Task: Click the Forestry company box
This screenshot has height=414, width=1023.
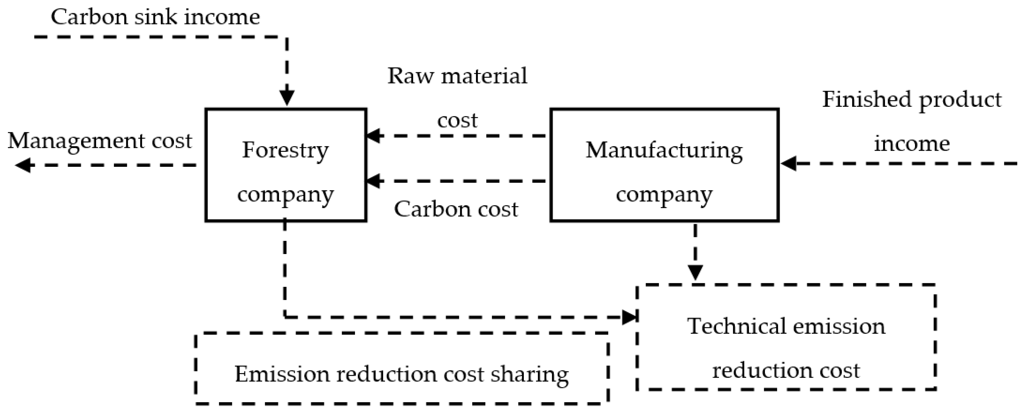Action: [286, 165]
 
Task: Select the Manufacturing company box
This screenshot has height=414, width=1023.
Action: [664, 165]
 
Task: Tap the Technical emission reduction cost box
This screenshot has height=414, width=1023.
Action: [786, 337]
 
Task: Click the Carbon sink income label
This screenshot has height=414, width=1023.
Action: [155, 17]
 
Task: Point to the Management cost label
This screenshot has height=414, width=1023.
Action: [100, 141]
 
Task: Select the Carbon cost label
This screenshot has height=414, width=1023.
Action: [456, 209]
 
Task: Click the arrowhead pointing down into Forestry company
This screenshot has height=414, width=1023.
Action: [287, 98]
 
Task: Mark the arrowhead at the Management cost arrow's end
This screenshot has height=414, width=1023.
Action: [23, 165]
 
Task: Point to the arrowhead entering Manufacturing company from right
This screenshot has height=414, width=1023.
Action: [789, 163]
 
